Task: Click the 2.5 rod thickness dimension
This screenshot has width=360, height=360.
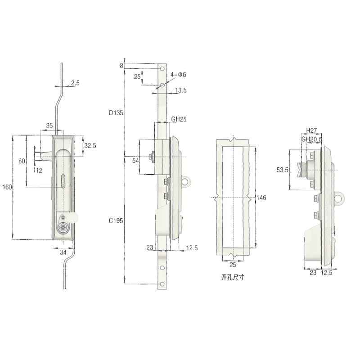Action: (x=75, y=83)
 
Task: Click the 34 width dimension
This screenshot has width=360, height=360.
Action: (x=63, y=253)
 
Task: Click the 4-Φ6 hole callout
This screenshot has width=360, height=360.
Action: (x=178, y=75)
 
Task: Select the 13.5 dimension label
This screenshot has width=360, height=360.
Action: (x=181, y=90)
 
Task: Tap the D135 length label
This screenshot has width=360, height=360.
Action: (x=116, y=113)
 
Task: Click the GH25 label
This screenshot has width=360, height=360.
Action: (x=179, y=120)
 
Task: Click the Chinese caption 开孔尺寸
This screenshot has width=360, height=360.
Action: (x=232, y=278)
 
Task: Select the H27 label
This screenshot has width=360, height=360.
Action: (x=311, y=130)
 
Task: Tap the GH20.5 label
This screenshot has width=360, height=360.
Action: (x=311, y=139)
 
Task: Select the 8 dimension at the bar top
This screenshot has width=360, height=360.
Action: (x=121, y=66)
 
